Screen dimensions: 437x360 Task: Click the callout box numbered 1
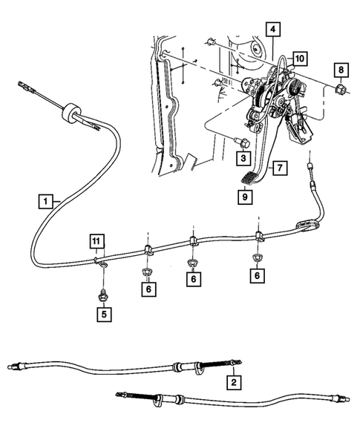pos(46,201)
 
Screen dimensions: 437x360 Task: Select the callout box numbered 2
pos(233,383)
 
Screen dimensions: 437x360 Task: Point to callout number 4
pos(274,30)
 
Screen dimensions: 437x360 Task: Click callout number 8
pos(341,71)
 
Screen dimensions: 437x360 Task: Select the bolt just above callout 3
pos(240,141)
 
